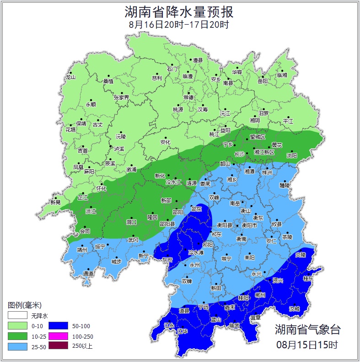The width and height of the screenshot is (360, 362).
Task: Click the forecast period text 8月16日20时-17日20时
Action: pyautogui.click(x=179, y=25)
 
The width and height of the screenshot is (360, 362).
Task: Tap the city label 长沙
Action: pyautogui.click(x=239, y=154)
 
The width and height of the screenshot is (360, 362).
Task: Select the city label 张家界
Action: pyautogui.click(x=121, y=97)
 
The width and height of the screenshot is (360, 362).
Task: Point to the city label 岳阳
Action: pyautogui.click(x=263, y=81)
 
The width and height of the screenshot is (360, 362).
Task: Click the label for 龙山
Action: pyautogui.click(x=70, y=77)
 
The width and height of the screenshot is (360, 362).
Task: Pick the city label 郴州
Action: pyautogui.click(x=260, y=295)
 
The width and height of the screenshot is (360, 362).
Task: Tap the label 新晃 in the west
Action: pyautogui.click(x=55, y=202)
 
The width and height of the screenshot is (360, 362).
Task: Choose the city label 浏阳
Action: pyautogui.click(x=291, y=156)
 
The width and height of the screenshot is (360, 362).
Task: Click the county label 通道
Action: pyautogui.click(x=88, y=274)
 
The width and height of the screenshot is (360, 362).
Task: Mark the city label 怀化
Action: pyautogui.click(x=101, y=189)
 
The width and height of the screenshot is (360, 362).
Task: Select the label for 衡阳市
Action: pyautogui.click(x=249, y=225)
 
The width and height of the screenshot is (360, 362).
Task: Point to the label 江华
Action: pyautogui.click(x=183, y=331)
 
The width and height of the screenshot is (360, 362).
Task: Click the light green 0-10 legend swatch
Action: pyautogui.click(x=16, y=326)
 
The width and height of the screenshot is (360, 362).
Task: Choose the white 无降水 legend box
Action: pyautogui.click(x=16, y=315)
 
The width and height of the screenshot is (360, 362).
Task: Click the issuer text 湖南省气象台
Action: pyautogui.click(x=307, y=329)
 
